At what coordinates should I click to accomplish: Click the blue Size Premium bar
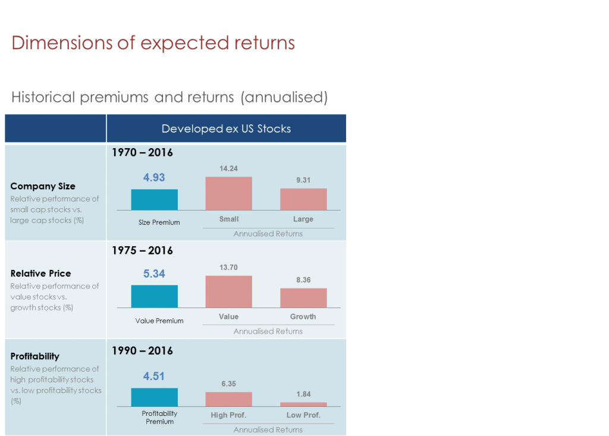click(x=154, y=199)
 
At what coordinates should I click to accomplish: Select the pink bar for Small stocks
click(x=228, y=193)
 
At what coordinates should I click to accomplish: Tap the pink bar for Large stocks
click(x=303, y=199)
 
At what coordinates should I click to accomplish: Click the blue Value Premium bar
click(x=154, y=296)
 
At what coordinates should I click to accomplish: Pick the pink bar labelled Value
click(x=228, y=291)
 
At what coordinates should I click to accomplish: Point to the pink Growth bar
click(x=303, y=297)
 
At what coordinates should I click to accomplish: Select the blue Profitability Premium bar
click(x=154, y=397)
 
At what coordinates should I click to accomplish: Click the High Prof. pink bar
click(x=228, y=399)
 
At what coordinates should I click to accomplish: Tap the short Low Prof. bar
click(x=303, y=404)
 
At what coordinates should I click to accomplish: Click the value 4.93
click(x=154, y=177)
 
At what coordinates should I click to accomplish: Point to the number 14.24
click(x=228, y=168)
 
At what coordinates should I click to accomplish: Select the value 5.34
click(x=154, y=274)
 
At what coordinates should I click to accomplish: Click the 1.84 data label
click(x=303, y=394)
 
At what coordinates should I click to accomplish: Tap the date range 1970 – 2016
click(x=142, y=153)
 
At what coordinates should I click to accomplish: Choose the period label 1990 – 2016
click(x=142, y=350)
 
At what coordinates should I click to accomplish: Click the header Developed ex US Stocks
click(x=226, y=129)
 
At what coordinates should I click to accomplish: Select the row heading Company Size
click(x=43, y=186)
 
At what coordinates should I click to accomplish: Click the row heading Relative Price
click(x=40, y=274)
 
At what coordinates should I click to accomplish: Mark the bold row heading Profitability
click(x=35, y=356)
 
